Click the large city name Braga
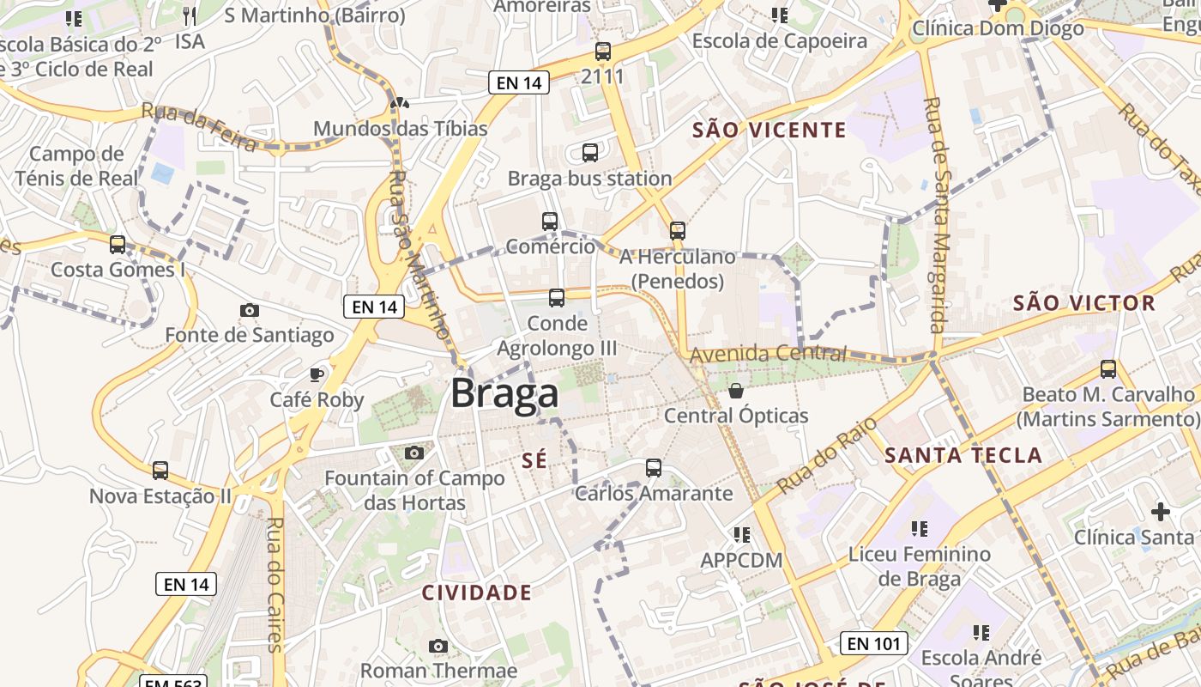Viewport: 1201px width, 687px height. pos(504,394)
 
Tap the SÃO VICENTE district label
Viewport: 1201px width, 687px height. pos(769,131)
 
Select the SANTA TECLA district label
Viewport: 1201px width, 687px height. pos(963,455)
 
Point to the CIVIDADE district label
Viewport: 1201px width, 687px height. pos(477,593)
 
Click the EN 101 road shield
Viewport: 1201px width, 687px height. pos(873,643)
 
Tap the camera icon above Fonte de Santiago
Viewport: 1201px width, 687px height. pos(250,310)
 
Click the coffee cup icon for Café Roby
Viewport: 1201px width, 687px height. pos(317,374)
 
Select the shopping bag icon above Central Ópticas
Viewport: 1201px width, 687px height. pos(736,392)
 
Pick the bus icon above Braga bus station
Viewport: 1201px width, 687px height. pos(590,153)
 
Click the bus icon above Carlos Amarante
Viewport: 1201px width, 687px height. pos(654,468)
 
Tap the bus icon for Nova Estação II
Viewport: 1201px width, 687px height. pos(160,471)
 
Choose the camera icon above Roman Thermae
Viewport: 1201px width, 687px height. pos(438,646)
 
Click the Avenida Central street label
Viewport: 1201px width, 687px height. pos(768,353)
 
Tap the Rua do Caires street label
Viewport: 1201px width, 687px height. pos(275,584)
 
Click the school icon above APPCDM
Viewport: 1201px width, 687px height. pos(742,535)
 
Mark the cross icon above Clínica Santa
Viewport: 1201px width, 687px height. pos(1161,513)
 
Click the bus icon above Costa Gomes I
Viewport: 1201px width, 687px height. pos(118,245)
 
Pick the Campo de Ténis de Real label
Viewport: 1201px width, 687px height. pos(76,167)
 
